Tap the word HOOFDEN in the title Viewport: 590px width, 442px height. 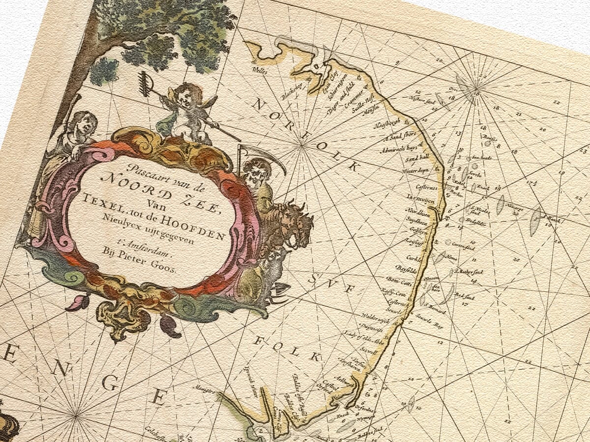tap(200, 230)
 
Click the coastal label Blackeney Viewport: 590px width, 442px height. tap(291, 93)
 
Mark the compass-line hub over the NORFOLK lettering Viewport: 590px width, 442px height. tap(301, 144)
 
